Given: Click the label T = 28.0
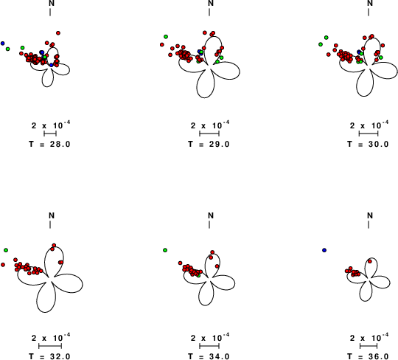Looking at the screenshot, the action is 49,144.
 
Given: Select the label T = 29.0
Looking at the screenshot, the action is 209,144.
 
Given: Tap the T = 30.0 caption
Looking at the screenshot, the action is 368,144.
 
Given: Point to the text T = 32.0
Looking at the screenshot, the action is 49,356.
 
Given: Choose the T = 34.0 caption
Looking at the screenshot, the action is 209,356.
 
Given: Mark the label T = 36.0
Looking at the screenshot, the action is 368,356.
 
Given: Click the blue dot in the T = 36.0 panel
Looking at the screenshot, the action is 324,250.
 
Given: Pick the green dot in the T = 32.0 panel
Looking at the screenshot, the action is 6,250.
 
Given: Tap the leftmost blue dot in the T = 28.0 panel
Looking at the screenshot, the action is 2,44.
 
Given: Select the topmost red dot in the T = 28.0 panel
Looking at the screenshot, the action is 58,33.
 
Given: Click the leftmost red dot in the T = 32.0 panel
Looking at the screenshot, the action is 3,265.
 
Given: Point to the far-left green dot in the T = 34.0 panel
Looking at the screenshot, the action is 165,250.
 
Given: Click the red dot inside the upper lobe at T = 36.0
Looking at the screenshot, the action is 370,261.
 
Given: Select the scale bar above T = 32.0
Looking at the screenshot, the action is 50,346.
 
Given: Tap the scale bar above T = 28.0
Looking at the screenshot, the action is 50,134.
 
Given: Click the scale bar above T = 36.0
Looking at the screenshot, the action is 369,346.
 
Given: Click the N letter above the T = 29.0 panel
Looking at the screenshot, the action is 211,3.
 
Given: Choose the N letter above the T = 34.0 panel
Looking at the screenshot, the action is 211,215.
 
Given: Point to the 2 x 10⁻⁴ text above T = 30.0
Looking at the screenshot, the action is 369,125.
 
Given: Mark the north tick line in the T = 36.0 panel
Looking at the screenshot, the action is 369,224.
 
